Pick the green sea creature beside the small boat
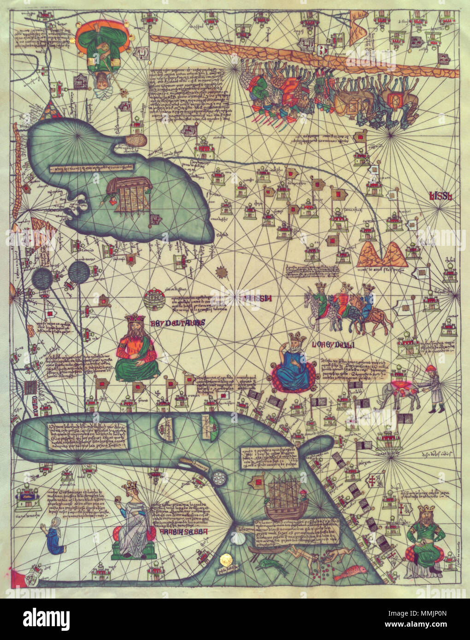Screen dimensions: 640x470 click(273, 567)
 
